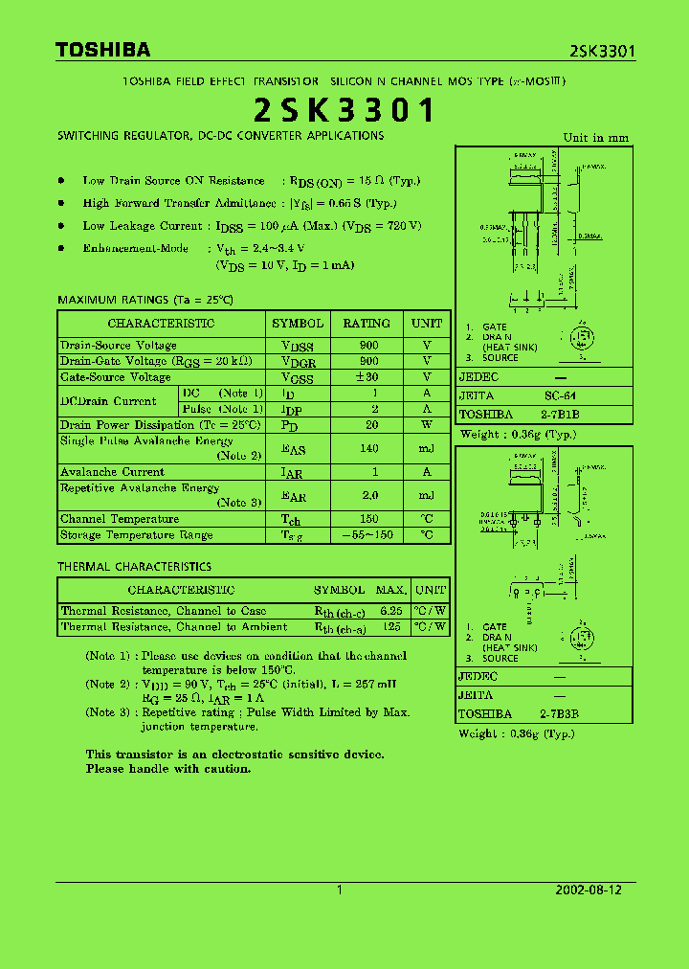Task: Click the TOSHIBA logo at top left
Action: click(x=102, y=50)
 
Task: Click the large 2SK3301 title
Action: click(x=344, y=111)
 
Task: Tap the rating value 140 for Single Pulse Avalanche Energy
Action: click(x=367, y=448)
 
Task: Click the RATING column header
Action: click(x=367, y=324)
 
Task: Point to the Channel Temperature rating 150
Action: click(x=367, y=519)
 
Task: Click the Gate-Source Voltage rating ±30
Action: click(x=367, y=377)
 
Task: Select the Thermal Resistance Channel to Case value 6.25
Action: click(x=390, y=611)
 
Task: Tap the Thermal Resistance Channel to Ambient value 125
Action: click(x=390, y=627)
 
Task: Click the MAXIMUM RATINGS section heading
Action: click(x=145, y=300)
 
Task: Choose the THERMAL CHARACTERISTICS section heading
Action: click(x=134, y=567)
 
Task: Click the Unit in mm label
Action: click(x=596, y=138)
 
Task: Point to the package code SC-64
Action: click(x=561, y=395)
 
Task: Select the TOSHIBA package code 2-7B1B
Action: click(x=561, y=415)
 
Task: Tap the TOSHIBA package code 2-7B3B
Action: click(x=559, y=714)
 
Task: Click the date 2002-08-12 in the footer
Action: click(x=589, y=890)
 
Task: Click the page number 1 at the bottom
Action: click(x=340, y=890)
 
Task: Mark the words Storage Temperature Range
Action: click(x=137, y=534)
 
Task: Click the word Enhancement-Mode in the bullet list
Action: click(x=136, y=248)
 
